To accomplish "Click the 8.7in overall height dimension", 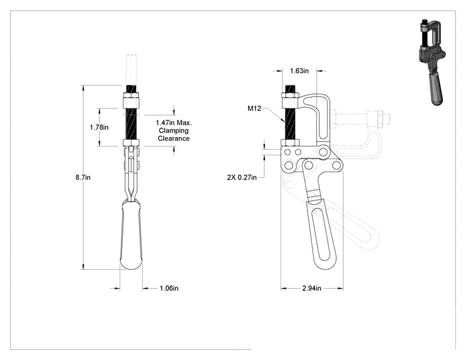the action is (83, 178).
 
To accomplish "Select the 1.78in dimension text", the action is (99, 128).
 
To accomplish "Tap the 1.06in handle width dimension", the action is (169, 288).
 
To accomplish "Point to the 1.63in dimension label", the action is (299, 71).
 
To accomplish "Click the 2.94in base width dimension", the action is (312, 288).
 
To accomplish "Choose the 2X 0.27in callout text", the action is (242, 177).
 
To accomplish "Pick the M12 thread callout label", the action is (254, 108).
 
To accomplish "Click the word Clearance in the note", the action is (173, 138).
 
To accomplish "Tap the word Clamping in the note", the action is (173, 130).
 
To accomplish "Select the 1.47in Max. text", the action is (174, 122).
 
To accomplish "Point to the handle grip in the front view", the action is (131, 235).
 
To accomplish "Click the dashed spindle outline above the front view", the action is (131, 69).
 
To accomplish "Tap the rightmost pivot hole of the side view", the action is (336, 165).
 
